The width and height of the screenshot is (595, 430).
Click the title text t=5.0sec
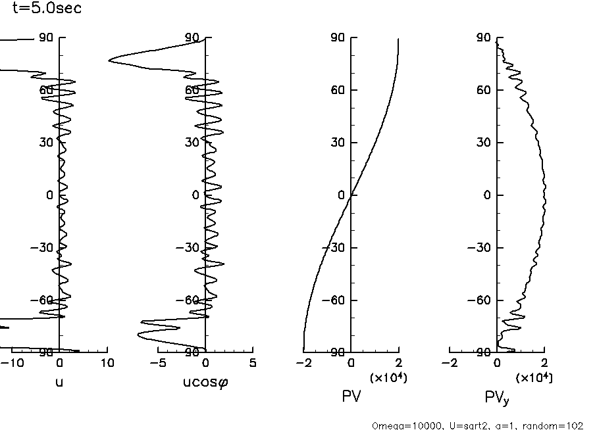pos(47,9)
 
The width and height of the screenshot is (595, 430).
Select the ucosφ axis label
pos(205,381)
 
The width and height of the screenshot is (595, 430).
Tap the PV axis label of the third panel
pos(351,396)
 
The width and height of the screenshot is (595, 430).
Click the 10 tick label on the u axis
pos(107,363)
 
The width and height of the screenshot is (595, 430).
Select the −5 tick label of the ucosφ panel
pos(156,363)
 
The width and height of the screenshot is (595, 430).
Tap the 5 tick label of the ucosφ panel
pos(253,363)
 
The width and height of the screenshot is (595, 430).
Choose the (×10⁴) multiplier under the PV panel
pos(387,377)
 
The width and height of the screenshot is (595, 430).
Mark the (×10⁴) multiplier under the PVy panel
pos(534,377)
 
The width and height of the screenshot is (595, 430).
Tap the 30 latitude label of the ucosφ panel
pos(193,143)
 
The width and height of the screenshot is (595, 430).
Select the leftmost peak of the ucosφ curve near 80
pos(110,60)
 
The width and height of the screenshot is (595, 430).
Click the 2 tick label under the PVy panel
pos(544,363)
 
